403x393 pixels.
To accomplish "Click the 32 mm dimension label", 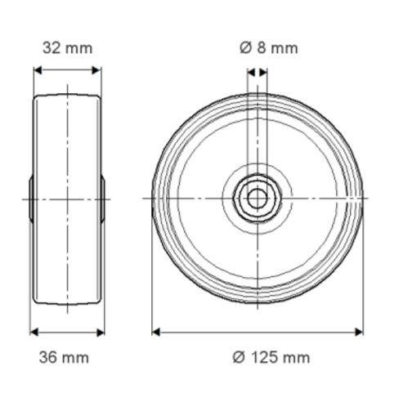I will (x=67, y=47).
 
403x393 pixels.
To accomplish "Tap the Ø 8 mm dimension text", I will (x=269, y=47).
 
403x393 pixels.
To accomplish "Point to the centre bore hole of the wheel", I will (x=257, y=198).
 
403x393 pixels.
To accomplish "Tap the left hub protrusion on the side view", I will (x=31, y=198).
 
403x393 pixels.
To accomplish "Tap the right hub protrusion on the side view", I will (x=105, y=198).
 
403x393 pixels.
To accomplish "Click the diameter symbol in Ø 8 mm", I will (x=245, y=47).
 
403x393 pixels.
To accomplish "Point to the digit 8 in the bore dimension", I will (x=262, y=47).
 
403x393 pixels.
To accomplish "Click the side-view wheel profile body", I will (x=68, y=147).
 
